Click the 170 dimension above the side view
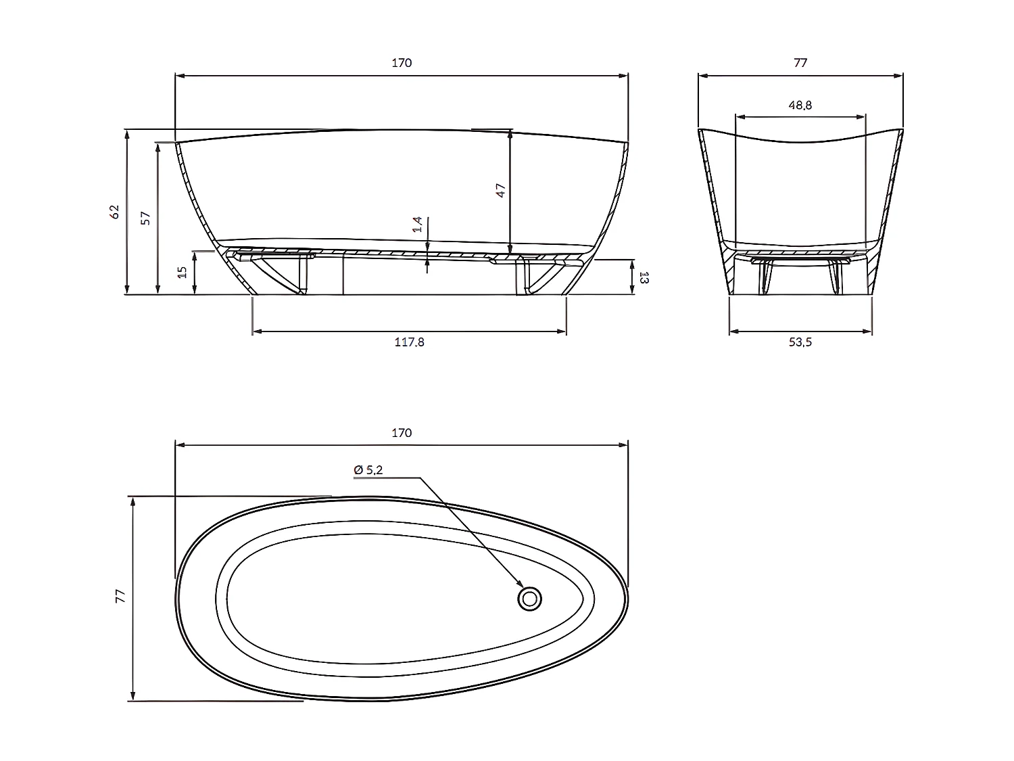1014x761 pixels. click(402, 63)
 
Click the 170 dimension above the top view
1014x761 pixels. click(402, 433)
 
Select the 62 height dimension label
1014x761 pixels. click(114, 212)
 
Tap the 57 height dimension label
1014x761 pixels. click(145, 218)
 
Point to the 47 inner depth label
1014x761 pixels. click(501, 190)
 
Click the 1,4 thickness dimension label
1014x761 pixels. click(418, 224)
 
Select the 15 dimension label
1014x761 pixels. click(183, 272)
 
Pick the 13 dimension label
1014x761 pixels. click(644, 278)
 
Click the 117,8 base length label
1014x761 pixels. click(409, 342)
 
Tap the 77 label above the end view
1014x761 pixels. click(800, 63)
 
